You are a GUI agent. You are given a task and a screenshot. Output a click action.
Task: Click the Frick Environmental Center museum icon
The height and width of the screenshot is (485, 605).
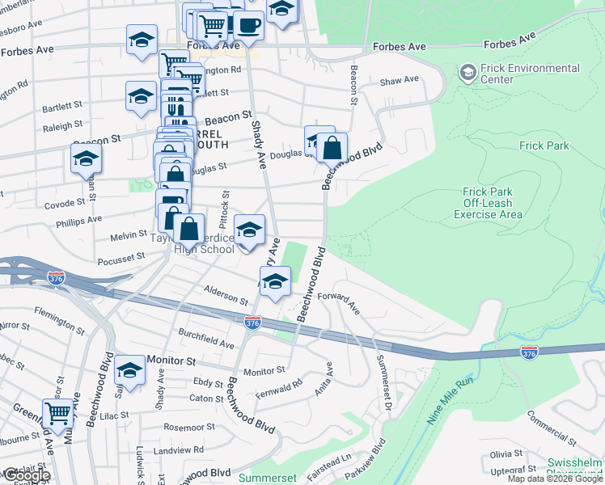click(x=467, y=74)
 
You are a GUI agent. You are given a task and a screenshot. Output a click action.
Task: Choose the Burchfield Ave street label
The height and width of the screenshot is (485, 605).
click(x=206, y=339)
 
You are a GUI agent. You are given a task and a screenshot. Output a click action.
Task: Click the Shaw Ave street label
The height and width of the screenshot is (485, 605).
click(x=400, y=80)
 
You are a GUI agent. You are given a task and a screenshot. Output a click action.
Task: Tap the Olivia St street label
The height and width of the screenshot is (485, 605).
click(x=506, y=454)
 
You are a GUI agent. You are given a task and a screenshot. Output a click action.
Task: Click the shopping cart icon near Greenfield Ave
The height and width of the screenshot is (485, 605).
click(x=57, y=414)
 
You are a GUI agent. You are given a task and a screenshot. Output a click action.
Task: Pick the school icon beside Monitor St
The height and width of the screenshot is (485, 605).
click(x=129, y=370)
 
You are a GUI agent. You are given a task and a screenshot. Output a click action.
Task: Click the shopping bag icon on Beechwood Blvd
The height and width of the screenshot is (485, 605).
click(x=332, y=148)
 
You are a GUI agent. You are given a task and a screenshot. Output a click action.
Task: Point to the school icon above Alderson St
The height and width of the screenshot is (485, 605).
click(x=276, y=282)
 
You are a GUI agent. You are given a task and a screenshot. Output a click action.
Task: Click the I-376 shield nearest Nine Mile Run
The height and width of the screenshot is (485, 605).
click(x=528, y=353)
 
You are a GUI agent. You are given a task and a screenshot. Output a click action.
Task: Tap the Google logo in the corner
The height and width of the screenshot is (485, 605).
click(x=26, y=475)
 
